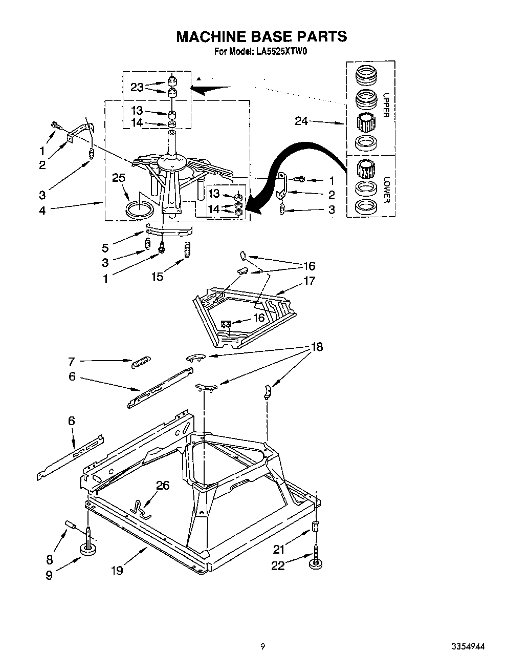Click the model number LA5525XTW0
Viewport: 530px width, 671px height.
point(281,51)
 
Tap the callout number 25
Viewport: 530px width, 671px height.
point(118,178)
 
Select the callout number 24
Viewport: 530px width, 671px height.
point(302,121)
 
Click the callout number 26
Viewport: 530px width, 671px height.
point(163,485)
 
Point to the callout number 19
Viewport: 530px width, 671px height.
point(117,570)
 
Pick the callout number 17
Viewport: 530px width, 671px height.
point(309,281)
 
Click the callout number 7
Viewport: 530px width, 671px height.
point(72,362)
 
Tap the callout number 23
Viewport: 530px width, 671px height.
point(137,87)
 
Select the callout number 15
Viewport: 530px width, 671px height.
point(157,277)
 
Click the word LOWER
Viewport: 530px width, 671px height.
point(386,190)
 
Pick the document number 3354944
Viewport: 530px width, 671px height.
point(468,646)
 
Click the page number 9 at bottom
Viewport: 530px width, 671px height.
point(262,646)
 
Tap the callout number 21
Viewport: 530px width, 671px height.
point(278,550)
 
